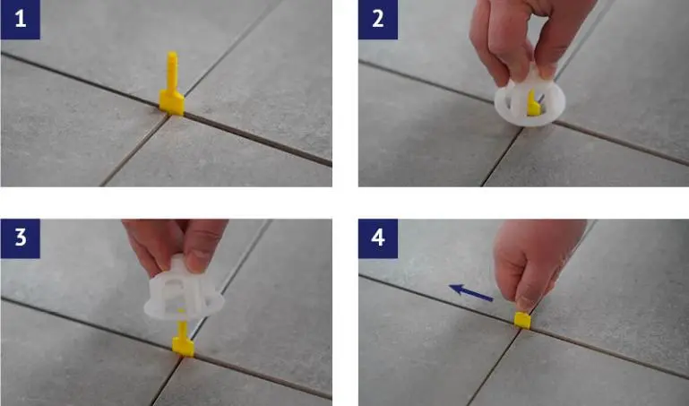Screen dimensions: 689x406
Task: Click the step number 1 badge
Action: coord(21,20)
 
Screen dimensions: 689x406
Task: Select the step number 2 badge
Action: coord(378,20)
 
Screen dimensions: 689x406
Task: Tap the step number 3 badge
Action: coord(21,238)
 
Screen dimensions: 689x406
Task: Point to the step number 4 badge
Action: coord(378,238)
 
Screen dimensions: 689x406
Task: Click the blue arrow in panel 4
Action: coord(471,293)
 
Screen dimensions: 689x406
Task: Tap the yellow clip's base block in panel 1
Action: coord(171,103)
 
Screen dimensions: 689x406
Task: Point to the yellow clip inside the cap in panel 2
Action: coord(532,104)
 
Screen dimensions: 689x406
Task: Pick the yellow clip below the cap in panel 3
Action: coord(183,339)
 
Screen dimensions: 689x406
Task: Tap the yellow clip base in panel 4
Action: coord(522,320)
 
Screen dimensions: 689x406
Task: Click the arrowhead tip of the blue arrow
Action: coord(449,287)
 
